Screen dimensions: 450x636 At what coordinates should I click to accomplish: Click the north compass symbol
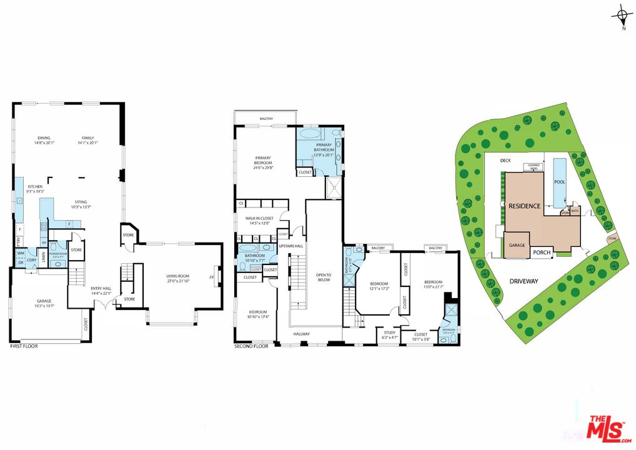[621, 15]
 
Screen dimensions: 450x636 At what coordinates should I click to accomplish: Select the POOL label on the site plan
[560, 182]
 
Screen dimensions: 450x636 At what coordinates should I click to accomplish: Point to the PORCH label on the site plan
[542, 253]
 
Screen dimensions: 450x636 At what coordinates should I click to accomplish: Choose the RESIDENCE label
[524, 206]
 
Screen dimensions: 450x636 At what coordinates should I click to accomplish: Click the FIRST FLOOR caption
[24, 346]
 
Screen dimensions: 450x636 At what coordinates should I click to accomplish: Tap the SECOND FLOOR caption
[251, 346]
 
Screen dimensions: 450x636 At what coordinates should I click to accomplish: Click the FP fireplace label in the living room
[212, 277]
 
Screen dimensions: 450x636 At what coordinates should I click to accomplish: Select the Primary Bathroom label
[324, 147]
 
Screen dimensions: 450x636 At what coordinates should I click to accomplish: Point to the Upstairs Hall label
[291, 246]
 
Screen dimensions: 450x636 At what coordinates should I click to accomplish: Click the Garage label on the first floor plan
[44, 304]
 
